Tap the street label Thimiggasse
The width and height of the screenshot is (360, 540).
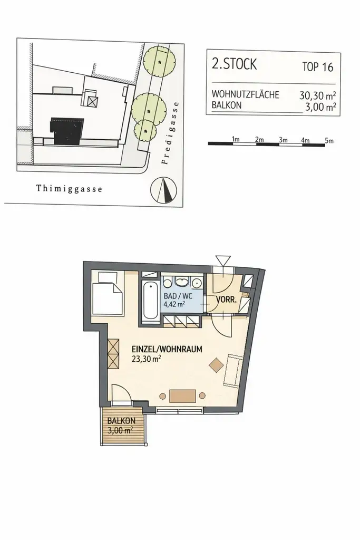tap(69, 188)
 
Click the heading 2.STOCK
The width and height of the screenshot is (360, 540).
tap(234, 65)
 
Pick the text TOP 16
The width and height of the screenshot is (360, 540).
tap(318, 67)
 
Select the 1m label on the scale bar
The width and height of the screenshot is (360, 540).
tap(236, 139)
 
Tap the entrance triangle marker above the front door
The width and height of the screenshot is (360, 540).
tap(222, 260)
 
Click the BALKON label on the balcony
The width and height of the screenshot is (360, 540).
tap(122, 421)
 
